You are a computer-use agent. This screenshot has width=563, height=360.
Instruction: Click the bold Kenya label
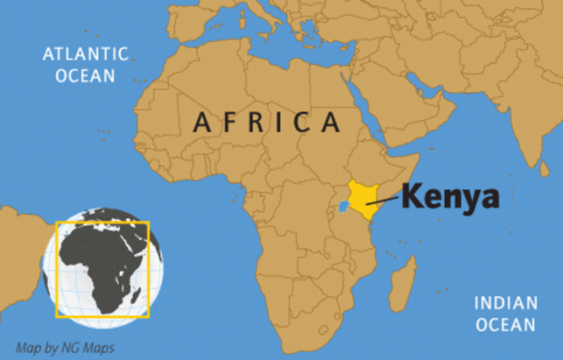coord(450,196)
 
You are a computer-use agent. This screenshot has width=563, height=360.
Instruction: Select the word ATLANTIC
coord(85,55)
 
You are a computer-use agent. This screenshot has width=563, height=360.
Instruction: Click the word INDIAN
coord(506,304)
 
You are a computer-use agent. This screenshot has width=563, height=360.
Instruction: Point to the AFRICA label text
coord(265,121)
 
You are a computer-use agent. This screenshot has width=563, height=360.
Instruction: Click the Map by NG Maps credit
coord(66,347)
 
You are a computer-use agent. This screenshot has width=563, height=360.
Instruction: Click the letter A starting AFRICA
coord(201,121)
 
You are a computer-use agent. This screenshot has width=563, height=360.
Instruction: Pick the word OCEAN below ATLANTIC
coord(85,76)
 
